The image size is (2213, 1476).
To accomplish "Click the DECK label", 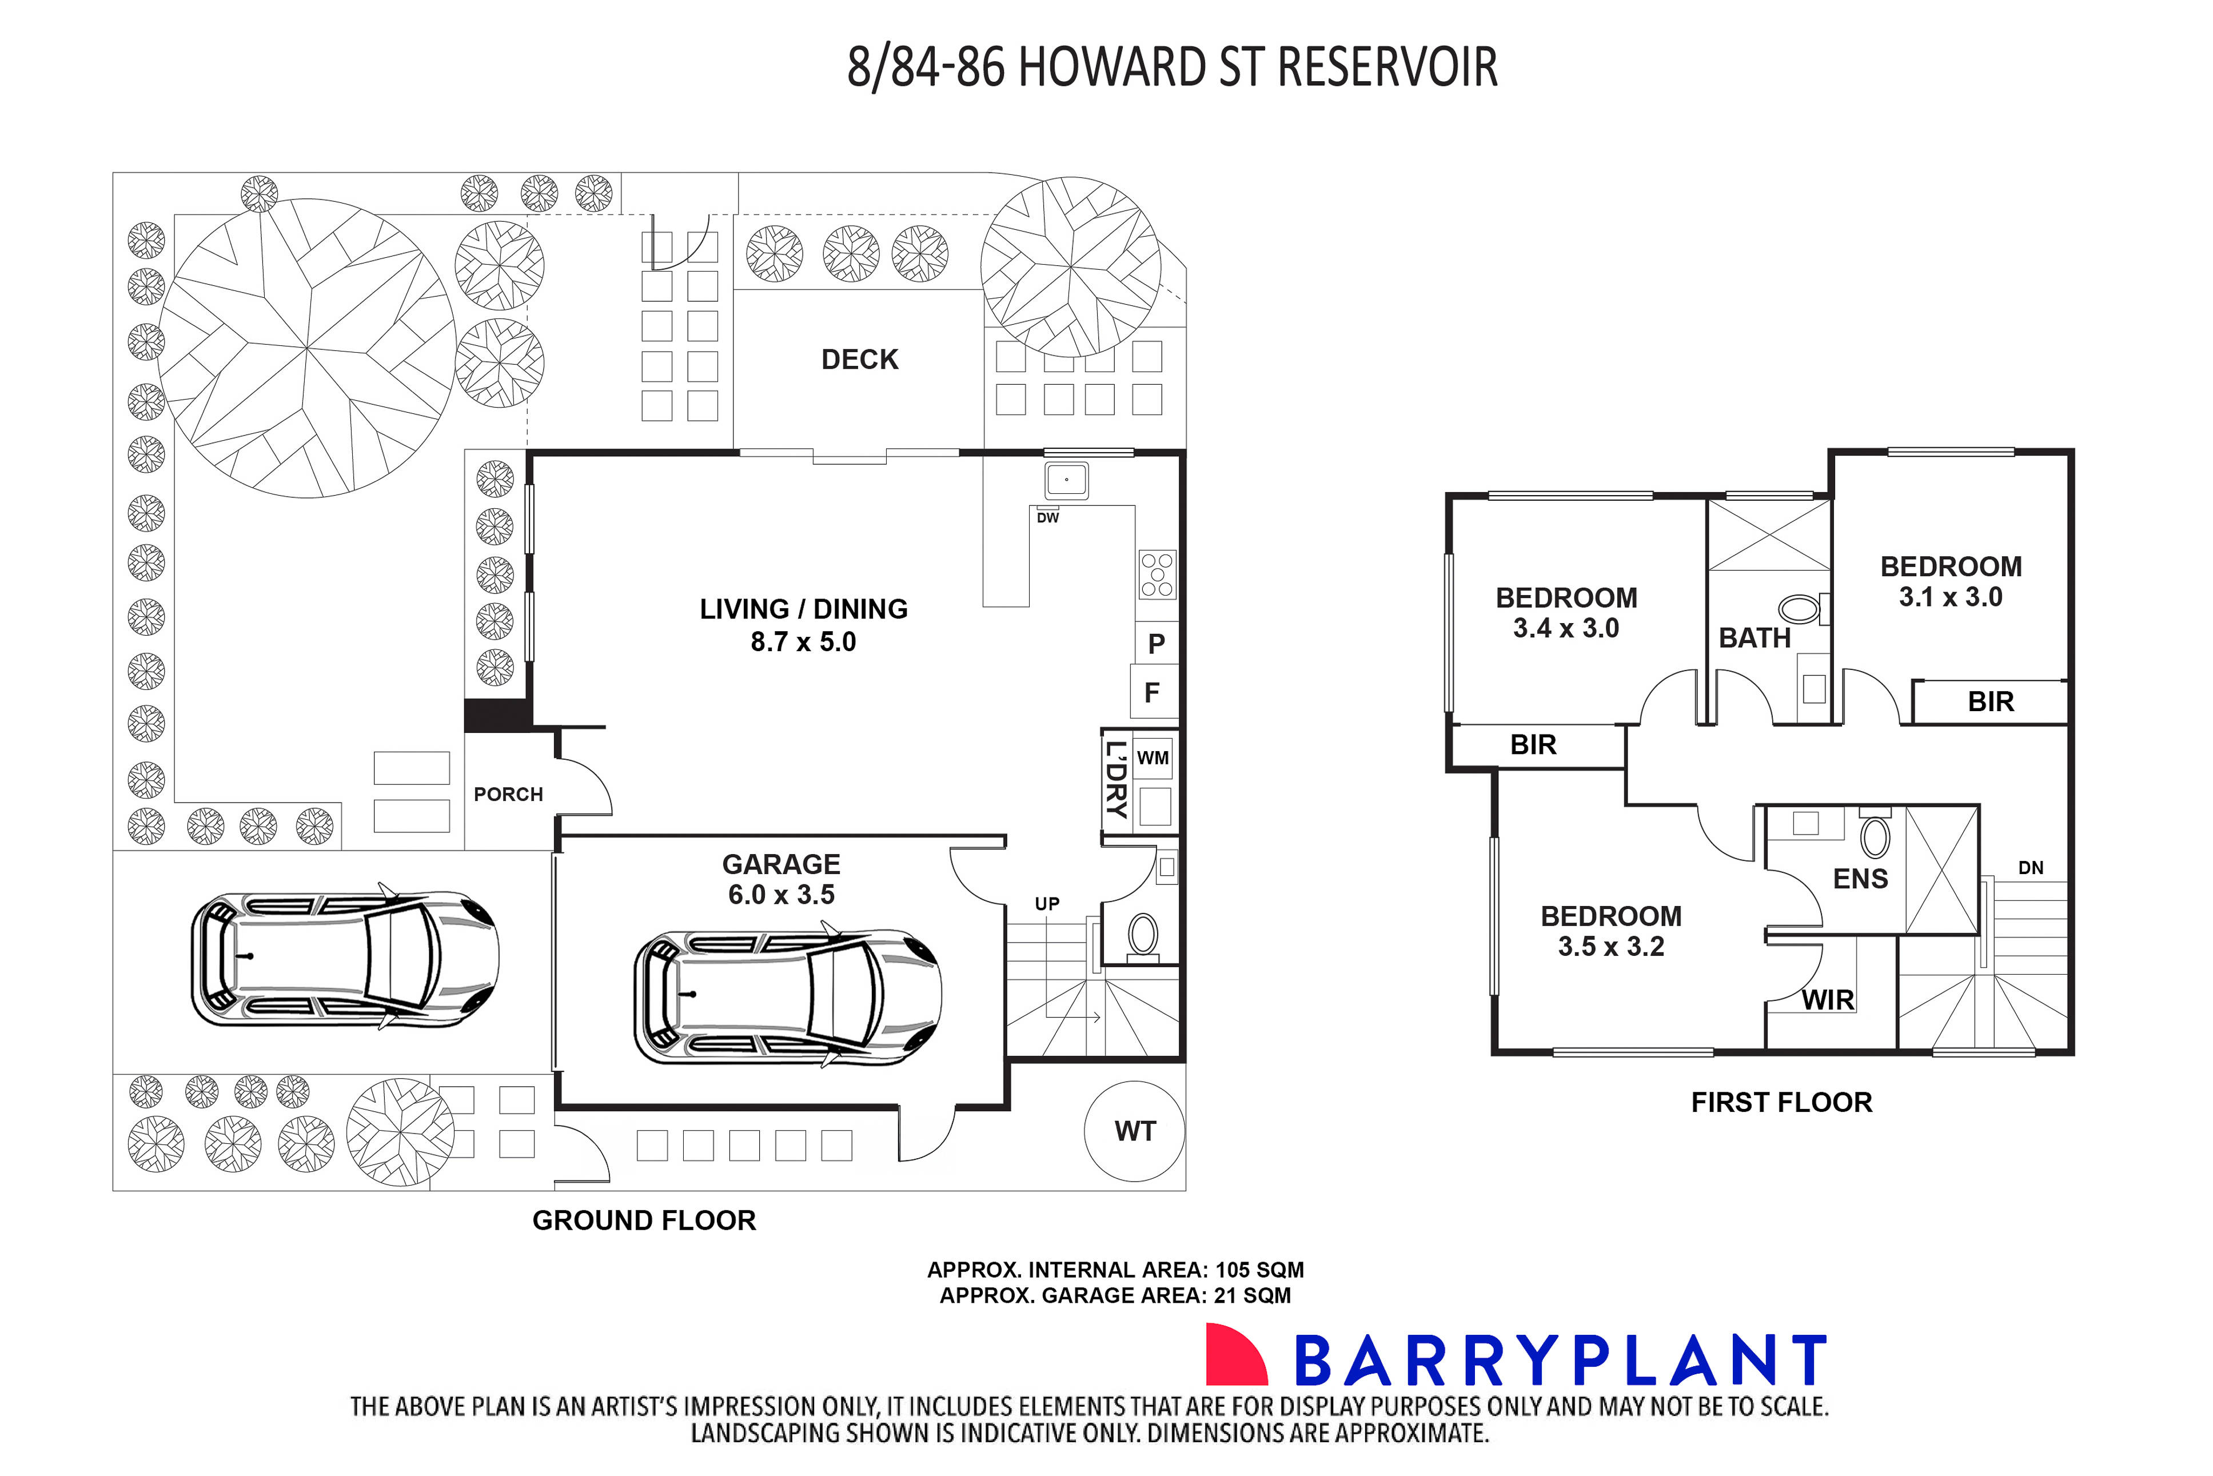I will (859, 360).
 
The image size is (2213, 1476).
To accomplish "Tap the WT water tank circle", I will (1134, 1131).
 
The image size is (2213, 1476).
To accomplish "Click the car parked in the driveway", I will (345, 959).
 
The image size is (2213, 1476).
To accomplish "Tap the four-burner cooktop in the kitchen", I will (1157, 574).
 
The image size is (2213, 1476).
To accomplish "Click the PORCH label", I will (508, 795).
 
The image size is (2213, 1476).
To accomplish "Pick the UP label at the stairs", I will (1047, 904).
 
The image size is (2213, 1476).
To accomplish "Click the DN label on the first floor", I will (2031, 868).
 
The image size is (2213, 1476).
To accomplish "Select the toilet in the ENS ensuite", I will (1875, 837).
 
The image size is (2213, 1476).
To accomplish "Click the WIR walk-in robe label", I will (1827, 1000).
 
